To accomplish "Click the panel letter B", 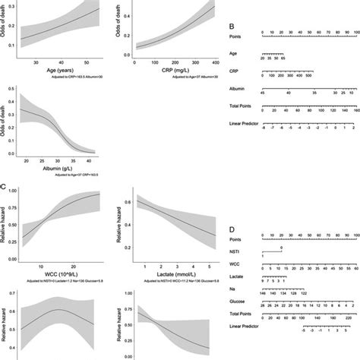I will (231, 27).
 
